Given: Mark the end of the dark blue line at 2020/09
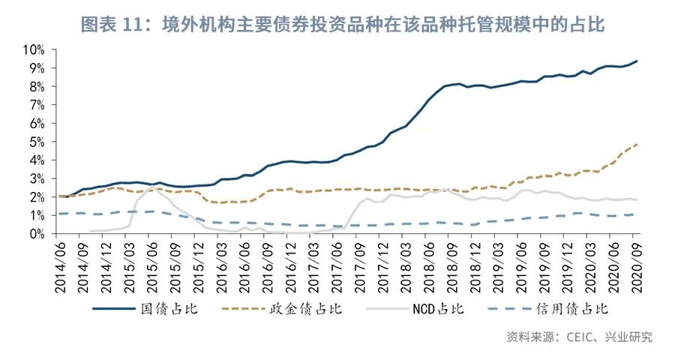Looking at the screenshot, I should click(x=637, y=61).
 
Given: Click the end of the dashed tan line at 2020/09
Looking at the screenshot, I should click(x=637, y=144).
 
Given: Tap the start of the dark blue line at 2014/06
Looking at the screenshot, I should click(x=60, y=196).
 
